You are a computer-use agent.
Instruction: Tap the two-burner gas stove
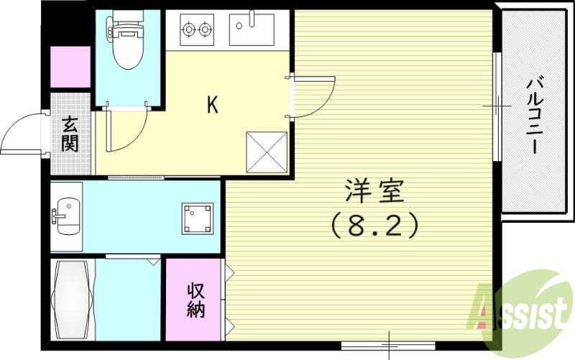coord(196,30)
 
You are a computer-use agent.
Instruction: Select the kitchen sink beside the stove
coord(251,29)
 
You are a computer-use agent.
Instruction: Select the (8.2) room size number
coord(374,226)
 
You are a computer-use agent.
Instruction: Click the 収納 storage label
coord(196,300)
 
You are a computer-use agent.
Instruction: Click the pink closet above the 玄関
coord(70,67)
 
